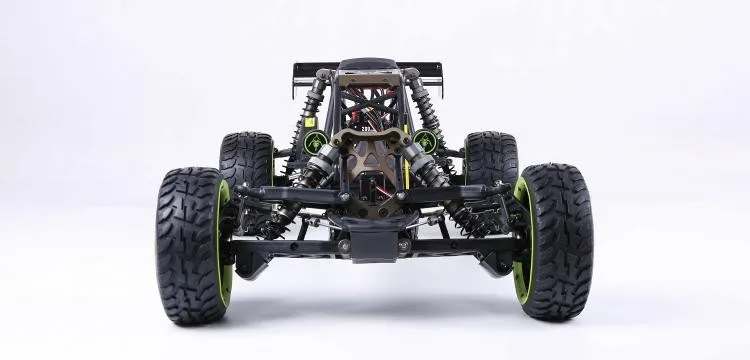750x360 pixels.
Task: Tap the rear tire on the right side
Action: (x=492, y=158)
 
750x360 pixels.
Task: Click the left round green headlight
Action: (x=316, y=142)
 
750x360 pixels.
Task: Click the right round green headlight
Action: (x=425, y=141)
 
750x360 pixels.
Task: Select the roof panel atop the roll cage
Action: (x=369, y=67)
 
